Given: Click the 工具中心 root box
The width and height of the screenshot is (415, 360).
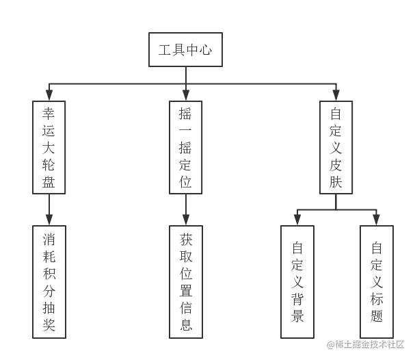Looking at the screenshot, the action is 185,51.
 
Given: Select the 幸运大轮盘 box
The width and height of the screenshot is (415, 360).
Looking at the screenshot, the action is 49,147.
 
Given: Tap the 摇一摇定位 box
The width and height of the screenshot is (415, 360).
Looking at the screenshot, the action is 185,147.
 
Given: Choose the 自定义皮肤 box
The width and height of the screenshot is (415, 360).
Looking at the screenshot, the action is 335,147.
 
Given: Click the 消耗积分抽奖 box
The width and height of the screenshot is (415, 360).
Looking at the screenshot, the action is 49,281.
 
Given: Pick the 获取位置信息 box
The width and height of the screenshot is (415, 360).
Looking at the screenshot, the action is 186,281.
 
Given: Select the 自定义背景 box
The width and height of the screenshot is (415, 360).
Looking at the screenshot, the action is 297,281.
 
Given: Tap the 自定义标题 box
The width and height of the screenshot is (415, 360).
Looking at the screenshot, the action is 377,281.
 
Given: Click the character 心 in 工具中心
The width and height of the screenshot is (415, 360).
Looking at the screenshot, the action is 206,51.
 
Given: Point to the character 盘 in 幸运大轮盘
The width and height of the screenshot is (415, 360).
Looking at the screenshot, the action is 49,182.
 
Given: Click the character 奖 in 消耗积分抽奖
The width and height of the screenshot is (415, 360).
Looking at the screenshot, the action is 49,324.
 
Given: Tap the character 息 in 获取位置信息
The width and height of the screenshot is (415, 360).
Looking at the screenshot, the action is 186,324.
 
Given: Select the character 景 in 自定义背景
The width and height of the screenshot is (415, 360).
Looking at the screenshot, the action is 297,316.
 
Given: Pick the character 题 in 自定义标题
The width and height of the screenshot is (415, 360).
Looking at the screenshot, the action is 377,316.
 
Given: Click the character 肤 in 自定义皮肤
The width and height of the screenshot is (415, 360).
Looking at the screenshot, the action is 335,182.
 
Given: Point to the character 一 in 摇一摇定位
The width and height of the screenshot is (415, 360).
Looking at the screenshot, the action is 185,130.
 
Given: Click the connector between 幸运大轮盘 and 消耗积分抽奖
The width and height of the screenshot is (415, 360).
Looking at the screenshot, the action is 49,210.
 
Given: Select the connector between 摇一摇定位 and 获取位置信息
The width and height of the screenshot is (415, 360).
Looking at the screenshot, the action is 185,210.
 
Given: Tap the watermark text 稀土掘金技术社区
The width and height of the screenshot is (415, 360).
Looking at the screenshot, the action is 365,344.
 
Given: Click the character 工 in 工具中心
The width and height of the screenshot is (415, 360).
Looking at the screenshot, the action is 165,51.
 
